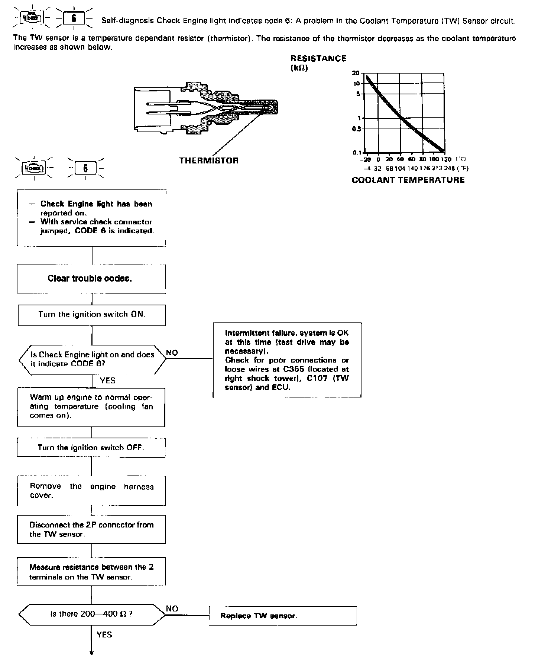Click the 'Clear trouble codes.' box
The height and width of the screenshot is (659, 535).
coord(91,279)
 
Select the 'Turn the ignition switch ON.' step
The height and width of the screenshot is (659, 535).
coord(92,315)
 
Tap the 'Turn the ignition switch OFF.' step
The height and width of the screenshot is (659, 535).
coord(91,448)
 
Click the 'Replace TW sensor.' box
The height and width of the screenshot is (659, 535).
coord(282,616)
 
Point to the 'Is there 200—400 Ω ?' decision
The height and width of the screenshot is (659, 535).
coord(92,614)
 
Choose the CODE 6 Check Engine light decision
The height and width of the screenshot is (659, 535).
coord(92,359)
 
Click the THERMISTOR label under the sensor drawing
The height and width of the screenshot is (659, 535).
coord(209,160)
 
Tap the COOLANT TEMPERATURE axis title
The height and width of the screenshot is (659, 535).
coord(408,180)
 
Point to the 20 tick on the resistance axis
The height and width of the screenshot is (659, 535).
coord(356,73)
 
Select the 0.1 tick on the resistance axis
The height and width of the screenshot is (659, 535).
coord(357,152)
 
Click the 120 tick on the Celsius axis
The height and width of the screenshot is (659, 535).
coord(446,159)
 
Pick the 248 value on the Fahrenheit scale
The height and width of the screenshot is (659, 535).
coord(449,168)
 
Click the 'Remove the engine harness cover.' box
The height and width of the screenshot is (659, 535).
coord(91,491)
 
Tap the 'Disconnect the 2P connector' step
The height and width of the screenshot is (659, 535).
coord(91,529)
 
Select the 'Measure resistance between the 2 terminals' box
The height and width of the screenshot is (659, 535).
coord(91,572)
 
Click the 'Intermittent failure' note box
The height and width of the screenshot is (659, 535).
coord(287,360)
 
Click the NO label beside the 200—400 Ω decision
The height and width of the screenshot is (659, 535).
coord(172,608)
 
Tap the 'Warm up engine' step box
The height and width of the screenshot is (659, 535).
coord(91,407)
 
